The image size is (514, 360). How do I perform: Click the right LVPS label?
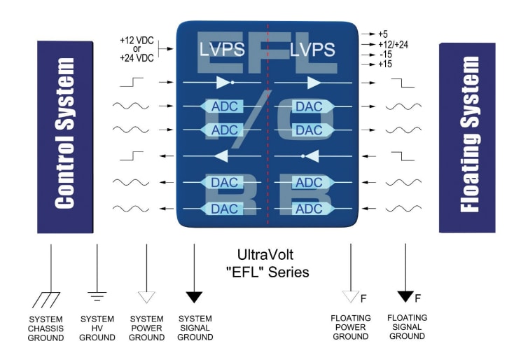tap(312, 50)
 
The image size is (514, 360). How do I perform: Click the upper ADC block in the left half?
tap(224, 106)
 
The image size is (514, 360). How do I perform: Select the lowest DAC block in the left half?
tap(224, 208)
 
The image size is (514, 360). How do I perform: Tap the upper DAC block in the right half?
tap(309, 106)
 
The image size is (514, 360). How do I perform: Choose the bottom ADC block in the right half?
tap(309, 208)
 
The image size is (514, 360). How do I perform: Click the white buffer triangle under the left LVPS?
tap(223, 83)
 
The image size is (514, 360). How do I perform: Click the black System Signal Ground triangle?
tap(195, 296)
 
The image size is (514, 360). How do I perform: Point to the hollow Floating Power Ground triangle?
tap(350, 297)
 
